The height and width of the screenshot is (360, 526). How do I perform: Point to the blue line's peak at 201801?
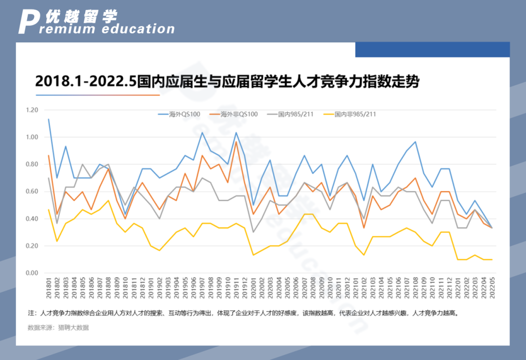[x=48, y=119]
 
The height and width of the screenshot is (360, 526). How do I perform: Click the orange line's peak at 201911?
[x=237, y=142]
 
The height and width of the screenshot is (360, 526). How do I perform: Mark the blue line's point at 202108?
[x=415, y=142]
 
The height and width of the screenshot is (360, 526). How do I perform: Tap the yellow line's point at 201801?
[x=48, y=209]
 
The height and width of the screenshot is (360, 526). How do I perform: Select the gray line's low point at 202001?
[x=253, y=232]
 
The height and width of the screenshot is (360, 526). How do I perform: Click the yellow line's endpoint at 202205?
[x=491, y=260]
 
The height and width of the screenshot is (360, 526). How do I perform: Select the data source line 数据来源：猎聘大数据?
[x=58, y=328]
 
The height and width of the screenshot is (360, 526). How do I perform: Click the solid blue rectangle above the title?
[x=432, y=50]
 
